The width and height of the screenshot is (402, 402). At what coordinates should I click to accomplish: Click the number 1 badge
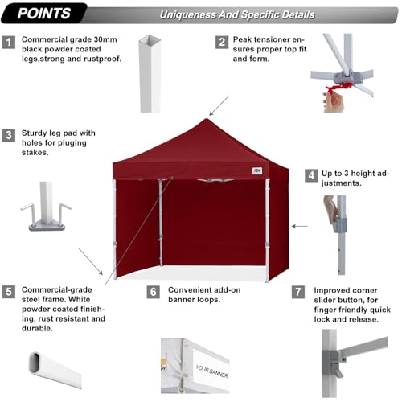pos(9,42)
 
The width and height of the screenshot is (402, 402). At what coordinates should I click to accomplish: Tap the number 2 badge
pos(220,42)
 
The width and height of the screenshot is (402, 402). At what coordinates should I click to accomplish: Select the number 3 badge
pos(9,135)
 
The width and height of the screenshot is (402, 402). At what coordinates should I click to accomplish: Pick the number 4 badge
pos(310,175)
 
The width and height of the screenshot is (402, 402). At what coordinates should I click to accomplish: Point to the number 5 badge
pos(9,292)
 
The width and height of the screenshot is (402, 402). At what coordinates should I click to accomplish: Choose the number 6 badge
pos(153,292)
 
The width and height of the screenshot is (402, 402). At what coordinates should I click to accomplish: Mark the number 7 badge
pos(298,291)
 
